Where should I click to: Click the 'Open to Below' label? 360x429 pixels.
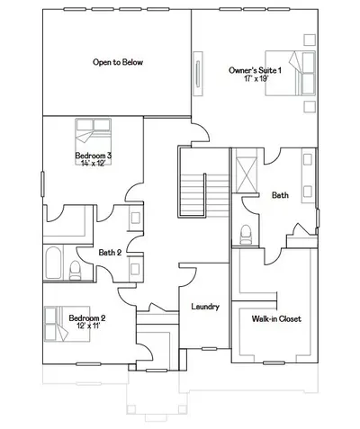[x=118, y=62]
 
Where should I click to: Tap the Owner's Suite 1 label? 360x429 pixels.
[x=255, y=70]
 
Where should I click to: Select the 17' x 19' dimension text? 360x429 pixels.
[x=256, y=78]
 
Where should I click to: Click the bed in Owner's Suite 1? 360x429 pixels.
[x=290, y=73]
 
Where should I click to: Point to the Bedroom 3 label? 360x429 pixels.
[x=94, y=156]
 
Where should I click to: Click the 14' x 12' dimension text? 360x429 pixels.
[x=94, y=163]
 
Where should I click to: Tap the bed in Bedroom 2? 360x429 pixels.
[x=67, y=324]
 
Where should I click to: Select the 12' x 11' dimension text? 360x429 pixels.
[x=88, y=326]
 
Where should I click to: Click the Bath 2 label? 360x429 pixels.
[x=110, y=253]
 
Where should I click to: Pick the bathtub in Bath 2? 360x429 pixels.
[x=54, y=263]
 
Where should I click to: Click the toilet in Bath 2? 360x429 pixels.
[x=75, y=271]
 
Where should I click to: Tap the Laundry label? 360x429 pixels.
[x=205, y=307]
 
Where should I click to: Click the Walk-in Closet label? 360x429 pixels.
[x=276, y=318]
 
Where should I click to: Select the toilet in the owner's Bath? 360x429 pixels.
[x=246, y=235]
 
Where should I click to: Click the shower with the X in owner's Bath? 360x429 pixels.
[x=247, y=170]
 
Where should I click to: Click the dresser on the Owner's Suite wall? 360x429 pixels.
[x=198, y=74]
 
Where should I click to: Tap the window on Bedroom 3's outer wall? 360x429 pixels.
[x=42, y=184]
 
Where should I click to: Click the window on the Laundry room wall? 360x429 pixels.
[x=209, y=349]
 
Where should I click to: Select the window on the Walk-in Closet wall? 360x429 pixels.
[x=274, y=362]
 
